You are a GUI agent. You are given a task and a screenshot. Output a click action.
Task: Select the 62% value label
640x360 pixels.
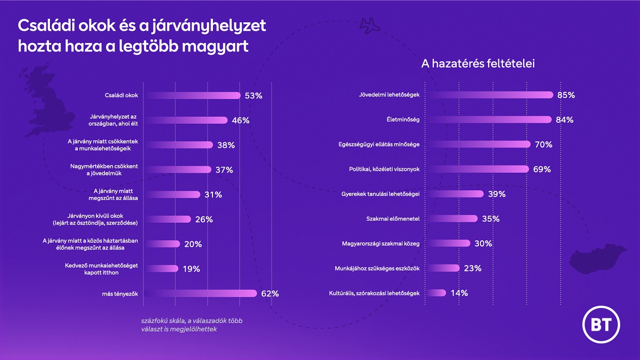point(270,293)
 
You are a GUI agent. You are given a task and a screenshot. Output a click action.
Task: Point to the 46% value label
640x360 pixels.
point(240,120)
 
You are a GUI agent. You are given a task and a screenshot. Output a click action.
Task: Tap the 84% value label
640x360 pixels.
point(565,120)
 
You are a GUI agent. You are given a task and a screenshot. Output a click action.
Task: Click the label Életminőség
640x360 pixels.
point(402,120)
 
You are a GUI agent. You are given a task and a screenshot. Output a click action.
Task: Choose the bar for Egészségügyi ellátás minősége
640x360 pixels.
point(477,144)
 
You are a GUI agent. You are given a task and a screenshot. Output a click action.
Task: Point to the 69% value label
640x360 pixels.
point(542,169)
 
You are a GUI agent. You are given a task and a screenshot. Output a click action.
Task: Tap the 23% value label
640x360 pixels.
point(472,268)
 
